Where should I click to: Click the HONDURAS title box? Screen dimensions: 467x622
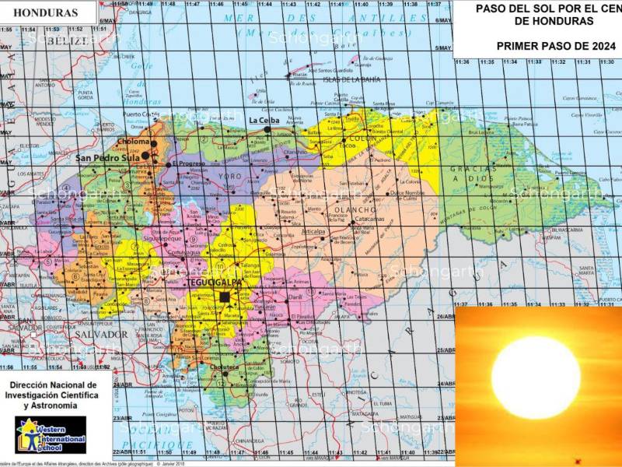(47, 13)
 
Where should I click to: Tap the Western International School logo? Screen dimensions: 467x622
(51, 434)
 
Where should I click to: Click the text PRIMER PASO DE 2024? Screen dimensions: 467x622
(544, 46)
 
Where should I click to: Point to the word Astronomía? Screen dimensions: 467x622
(51, 406)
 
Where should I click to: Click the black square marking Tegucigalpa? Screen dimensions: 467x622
(225, 297)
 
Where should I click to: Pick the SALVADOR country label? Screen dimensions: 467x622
(101, 334)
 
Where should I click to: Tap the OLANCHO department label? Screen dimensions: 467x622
(354, 209)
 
